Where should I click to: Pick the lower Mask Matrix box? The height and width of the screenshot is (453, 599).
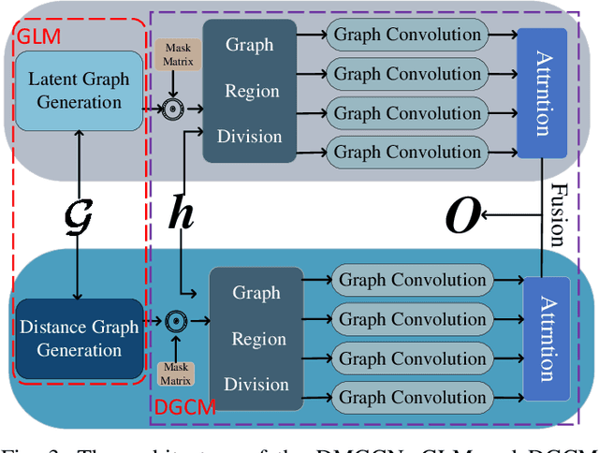pyautogui.click(x=175, y=373)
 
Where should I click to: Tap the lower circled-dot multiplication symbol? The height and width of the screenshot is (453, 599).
pyautogui.click(x=175, y=321)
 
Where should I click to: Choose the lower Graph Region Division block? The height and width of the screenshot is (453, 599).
pyautogui.click(x=256, y=339)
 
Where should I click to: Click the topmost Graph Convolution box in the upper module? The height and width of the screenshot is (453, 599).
pyautogui.click(x=408, y=36)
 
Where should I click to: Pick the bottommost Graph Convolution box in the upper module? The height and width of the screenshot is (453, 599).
pyautogui.click(x=408, y=151)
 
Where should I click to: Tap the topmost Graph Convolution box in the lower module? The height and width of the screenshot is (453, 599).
pyautogui.click(x=413, y=279)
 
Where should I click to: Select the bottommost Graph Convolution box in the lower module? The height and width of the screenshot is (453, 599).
pyautogui.click(x=413, y=397)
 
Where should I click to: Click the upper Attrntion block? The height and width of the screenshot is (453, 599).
pyautogui.click(x=541, y=92)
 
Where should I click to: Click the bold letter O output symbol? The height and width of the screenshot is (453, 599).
pyautogui.click(x=462, y=218)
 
